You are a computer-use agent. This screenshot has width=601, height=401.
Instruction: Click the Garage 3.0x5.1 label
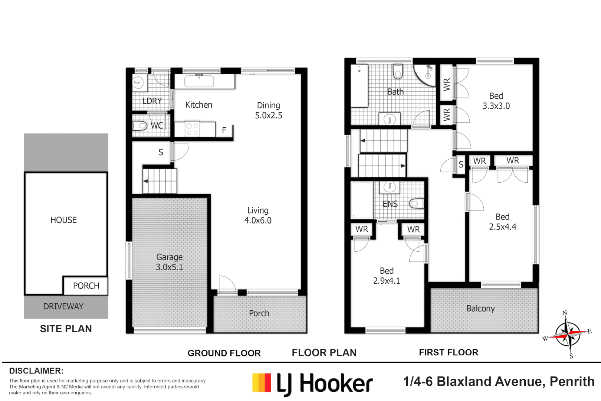click(x=169, y=262)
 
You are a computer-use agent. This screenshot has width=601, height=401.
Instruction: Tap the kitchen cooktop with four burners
click(x=192, y=129)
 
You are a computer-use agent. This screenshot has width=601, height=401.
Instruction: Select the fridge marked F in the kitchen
click(x=224, y=130)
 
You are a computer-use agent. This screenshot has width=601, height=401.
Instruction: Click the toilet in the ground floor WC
click(x=140, y=126)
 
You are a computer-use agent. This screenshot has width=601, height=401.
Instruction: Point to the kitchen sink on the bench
click(x=199, y=81)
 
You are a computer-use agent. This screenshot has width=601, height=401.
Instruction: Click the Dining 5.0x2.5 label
click(x=269, y=110)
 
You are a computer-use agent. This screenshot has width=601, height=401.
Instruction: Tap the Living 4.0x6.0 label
click(x=258, y=215)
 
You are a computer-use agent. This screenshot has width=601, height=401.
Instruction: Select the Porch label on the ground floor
click(x=259, y=313)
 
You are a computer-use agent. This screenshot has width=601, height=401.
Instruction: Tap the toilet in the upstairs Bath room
click(x=398, y=71)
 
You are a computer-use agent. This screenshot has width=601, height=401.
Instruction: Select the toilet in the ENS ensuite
click(x=416, y=203)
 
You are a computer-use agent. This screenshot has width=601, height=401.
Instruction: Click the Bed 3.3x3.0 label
click(x=496, y=101)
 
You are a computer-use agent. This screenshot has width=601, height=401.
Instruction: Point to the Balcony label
click(x=480, y=309)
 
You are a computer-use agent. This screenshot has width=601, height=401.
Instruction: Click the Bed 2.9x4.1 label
click(x=387, y=276)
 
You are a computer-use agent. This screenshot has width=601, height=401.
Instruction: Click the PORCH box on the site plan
click(x=86, y=286)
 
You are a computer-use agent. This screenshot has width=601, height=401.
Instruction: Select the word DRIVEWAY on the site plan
click(x=63, y=307)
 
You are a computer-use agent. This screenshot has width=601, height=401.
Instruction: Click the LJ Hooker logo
click(x=312, y=383)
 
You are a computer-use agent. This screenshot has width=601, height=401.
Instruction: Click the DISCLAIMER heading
click(x=36, y=371)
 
